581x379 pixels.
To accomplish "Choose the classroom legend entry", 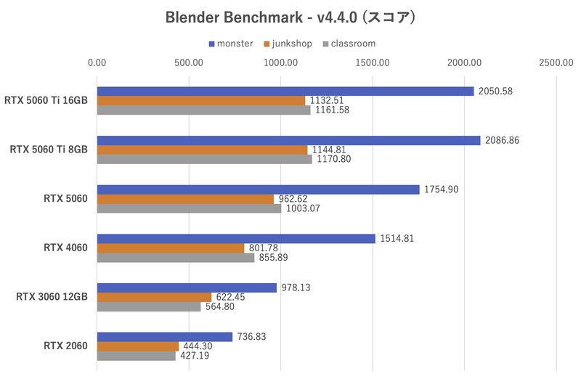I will tap(353, 44).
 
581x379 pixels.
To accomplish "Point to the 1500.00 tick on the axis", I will tap(373, 63).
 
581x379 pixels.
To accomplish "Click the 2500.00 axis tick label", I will tap(556, 63).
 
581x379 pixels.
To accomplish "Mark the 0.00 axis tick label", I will tap(97, 63).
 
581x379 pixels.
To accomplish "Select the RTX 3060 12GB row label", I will tap(49, 297).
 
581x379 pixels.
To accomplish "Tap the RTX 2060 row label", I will tap(65, 346).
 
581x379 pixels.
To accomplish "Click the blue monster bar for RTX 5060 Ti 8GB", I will tap(288, 140).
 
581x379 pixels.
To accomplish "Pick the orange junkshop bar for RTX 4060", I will tap(170, 248).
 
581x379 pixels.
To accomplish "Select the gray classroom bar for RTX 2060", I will tap(136, 356).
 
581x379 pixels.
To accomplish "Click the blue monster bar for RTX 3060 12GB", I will tap(187, 288).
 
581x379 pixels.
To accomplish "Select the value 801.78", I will tap(266, 248).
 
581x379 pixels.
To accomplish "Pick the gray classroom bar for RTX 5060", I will tap(189, 208).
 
